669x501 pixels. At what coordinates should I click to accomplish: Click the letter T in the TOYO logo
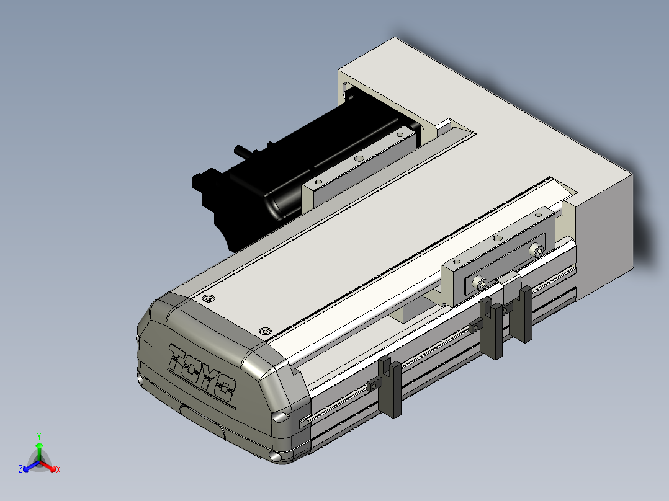point(178,358)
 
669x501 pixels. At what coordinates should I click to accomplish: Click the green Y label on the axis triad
point(39,436)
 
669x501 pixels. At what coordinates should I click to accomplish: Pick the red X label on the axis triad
point(58,469)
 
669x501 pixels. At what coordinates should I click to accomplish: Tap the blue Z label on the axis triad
point(20,469)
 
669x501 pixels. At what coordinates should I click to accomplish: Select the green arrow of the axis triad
point(39,451)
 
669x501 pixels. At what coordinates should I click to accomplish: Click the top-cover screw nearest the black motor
point(209,298)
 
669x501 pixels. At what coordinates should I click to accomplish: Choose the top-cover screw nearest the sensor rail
point(266,331)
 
